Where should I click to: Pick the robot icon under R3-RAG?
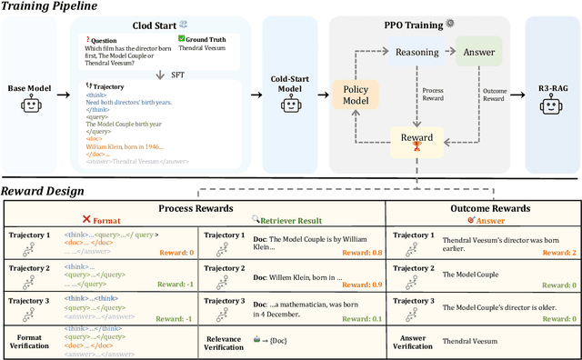554,107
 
